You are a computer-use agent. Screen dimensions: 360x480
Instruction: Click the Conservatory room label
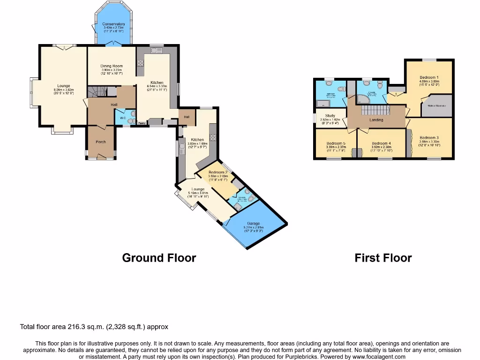pos(114,24)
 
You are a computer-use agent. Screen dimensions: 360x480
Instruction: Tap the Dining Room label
pos(112,66)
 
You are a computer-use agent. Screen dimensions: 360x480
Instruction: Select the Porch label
pos(100,142)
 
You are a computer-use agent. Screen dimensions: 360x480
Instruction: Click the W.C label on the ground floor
pos(123,118)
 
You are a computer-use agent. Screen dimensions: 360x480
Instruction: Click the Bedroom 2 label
pos(217,172)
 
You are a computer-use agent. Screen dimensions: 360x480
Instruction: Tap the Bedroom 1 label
pos(429,77)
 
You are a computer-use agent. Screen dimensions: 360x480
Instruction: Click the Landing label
pos(376,120)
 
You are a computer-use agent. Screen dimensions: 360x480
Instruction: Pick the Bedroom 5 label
pos(336,143)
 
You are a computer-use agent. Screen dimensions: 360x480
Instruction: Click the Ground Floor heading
pos(159,258)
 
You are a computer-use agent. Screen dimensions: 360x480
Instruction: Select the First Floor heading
pos(383,258)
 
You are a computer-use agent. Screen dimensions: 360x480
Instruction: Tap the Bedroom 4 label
pos(381,143)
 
